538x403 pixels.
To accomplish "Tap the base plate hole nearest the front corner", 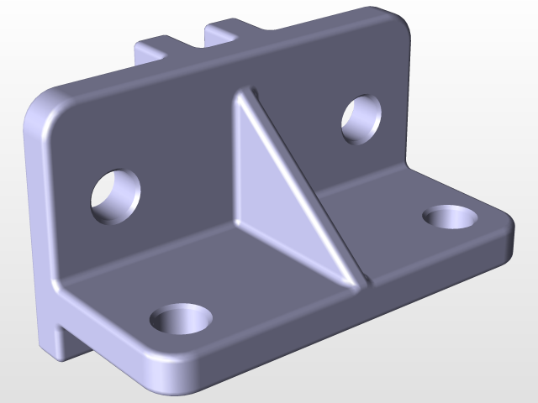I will click(180, 319).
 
